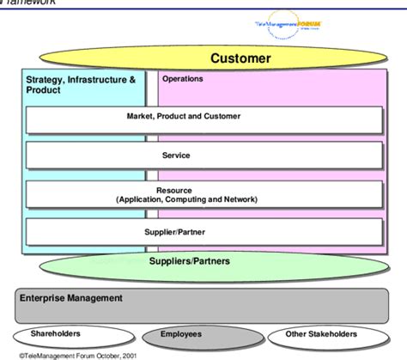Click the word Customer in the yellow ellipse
pos(241,59)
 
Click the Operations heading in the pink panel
pos(182,79)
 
